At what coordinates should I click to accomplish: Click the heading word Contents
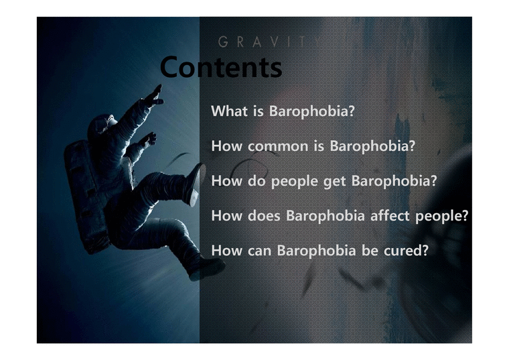click(x=221, y=67)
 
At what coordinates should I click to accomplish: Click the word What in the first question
click(x=230, y=111)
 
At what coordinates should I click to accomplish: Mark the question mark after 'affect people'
click(x=463, y=216)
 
